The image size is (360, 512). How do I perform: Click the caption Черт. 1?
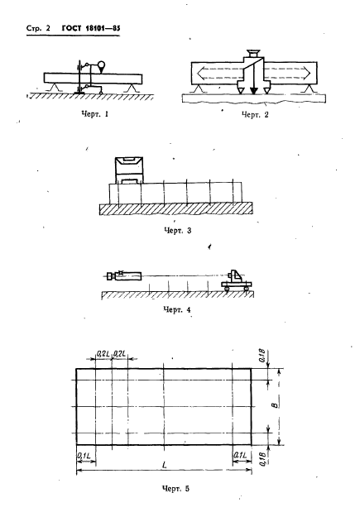point(94,114)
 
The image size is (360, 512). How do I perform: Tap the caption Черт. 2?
point(255,115)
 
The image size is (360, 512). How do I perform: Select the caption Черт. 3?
point(177,231)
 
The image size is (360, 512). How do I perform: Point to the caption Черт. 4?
point(177,309)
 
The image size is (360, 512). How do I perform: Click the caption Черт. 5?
point(175,489)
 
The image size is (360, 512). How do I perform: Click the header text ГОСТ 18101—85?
point(91,28)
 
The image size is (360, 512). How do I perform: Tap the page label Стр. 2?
point(38,28)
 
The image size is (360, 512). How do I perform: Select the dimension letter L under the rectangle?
point(165,465)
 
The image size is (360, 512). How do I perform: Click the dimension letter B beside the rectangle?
point(276,405)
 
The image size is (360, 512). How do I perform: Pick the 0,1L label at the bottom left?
point(84,455)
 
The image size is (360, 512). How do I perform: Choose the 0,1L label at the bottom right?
point(240,455)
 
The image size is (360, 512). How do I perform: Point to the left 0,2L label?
point(103,354)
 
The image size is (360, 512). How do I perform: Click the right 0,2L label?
point(120,354)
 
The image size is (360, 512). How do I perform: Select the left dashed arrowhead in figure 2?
point(201,73)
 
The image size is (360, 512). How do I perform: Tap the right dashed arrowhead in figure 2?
point(307,73)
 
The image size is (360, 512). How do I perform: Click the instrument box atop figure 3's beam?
point(129,170)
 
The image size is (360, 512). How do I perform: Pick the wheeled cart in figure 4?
point(236,281)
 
